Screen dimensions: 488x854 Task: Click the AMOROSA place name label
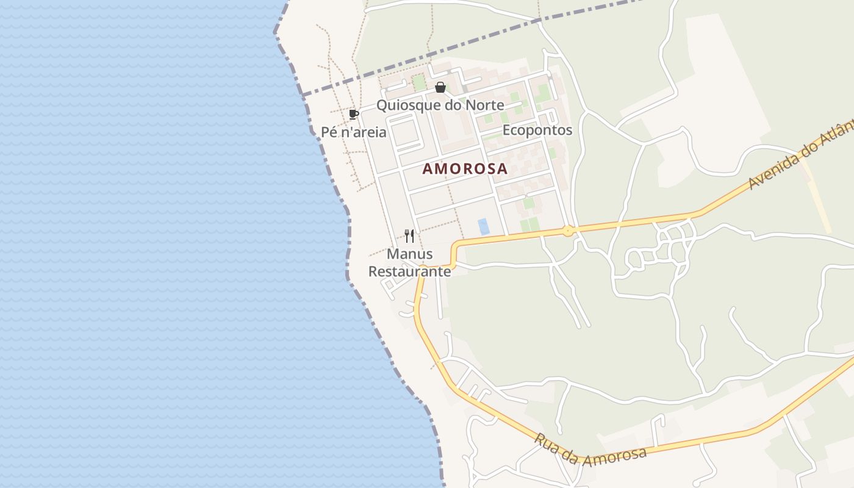[x=465, y=169]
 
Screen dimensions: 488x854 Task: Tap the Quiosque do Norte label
[x=440, y=105]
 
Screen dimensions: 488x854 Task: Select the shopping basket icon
[x=440, y=88]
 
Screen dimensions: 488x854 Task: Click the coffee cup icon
[x=353, y=114]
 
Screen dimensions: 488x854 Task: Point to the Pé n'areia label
[x=354, y=132]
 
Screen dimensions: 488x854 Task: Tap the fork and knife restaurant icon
[x=409, y=235]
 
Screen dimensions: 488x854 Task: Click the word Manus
[x=410, y=254]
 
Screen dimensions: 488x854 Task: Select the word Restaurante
[x=410, y=271]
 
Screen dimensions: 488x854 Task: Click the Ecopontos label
[x=537, y=130]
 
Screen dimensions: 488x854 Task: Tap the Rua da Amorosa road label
[x=590, y=450]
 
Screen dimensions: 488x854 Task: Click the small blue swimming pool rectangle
[x=484, y=226]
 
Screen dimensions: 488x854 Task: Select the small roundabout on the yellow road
[x=568, y=231]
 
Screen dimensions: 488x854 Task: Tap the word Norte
[x=485, y=105]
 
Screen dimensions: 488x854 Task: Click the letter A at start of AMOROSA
[x=428, y=169]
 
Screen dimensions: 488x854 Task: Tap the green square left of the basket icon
[x=418, y=82]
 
